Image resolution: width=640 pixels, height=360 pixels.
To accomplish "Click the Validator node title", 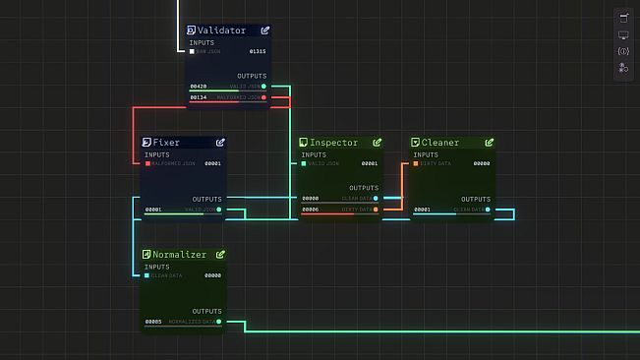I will pos(222,30).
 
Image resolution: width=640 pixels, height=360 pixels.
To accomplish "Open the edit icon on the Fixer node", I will pos(220,143).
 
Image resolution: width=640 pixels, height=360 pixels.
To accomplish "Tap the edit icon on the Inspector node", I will pos(377,143).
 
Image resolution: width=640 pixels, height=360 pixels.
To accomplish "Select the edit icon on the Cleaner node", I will pos(489,143).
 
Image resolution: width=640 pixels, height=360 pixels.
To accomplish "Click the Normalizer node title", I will pos(179,255).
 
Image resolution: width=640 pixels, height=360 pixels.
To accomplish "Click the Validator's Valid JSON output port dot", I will pos(263,87).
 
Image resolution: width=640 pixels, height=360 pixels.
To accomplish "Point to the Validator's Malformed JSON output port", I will pos(263,97).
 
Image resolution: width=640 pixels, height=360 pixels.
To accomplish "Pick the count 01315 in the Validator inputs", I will pos(258,51).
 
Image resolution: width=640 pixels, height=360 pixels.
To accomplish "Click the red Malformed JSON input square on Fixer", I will pos(148,163).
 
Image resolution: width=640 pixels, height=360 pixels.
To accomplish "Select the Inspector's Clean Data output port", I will pos(376,199).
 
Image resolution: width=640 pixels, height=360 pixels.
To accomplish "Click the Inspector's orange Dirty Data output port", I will pos(376,210).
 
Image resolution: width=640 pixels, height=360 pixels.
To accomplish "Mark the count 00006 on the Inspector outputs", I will pos(311,210).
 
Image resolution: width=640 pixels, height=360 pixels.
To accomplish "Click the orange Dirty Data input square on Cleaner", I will pos(416,163).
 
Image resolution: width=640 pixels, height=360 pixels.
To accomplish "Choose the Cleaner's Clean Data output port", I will pos(488,210).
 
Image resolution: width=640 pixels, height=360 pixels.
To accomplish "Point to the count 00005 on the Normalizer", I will pos(153,322).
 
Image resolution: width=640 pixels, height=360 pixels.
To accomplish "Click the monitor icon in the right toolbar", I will pos(622,34).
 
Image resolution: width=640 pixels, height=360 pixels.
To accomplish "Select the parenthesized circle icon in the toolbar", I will pos(622,51).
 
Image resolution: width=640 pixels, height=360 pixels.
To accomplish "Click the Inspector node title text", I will pos(333,143).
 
